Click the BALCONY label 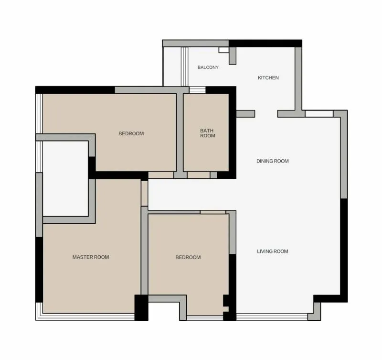click(208, 67)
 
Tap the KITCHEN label click(268, 78)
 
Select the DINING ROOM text click(272, 161)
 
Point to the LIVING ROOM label click(272, 251)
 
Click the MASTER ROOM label click(91, 257)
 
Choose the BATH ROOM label click(207, 133)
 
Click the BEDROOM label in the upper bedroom click(131, 133)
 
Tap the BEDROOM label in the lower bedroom click(188, 257)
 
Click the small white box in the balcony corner click(223, 50)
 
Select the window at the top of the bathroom click(197, 90)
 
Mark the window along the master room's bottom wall click(85, 316)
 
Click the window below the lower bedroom click(205, 318)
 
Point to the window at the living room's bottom click(272, 316)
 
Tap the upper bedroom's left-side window click(39, 114)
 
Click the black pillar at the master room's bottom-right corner click(141, 307)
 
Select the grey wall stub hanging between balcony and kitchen click(233, 55)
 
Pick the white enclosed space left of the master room click(65, 178)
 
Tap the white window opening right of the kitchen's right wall click(319, 114)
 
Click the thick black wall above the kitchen click(265, 43)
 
